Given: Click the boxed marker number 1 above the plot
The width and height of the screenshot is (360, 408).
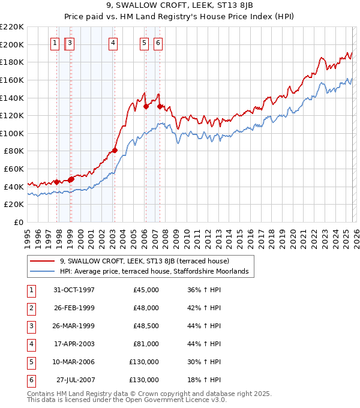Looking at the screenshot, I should pos(55,43).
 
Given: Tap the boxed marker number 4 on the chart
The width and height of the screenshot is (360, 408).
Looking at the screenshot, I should pos(113,43).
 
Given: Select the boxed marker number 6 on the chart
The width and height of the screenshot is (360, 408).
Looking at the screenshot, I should pos(158,43).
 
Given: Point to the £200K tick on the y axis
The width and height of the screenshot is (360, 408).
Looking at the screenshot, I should pos(12,44).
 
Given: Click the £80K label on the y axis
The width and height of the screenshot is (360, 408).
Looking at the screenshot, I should pos(14,151).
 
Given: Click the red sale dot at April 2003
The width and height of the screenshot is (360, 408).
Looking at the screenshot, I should pos(115,150).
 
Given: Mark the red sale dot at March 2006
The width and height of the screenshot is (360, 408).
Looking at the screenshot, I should pos(146,106).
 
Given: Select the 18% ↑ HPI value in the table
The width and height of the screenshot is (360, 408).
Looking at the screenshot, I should pos(205,380).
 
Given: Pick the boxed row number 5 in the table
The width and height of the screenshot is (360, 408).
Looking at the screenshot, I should pos(31,362).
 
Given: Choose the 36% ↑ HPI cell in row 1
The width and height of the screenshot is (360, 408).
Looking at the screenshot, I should pos(205,290).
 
